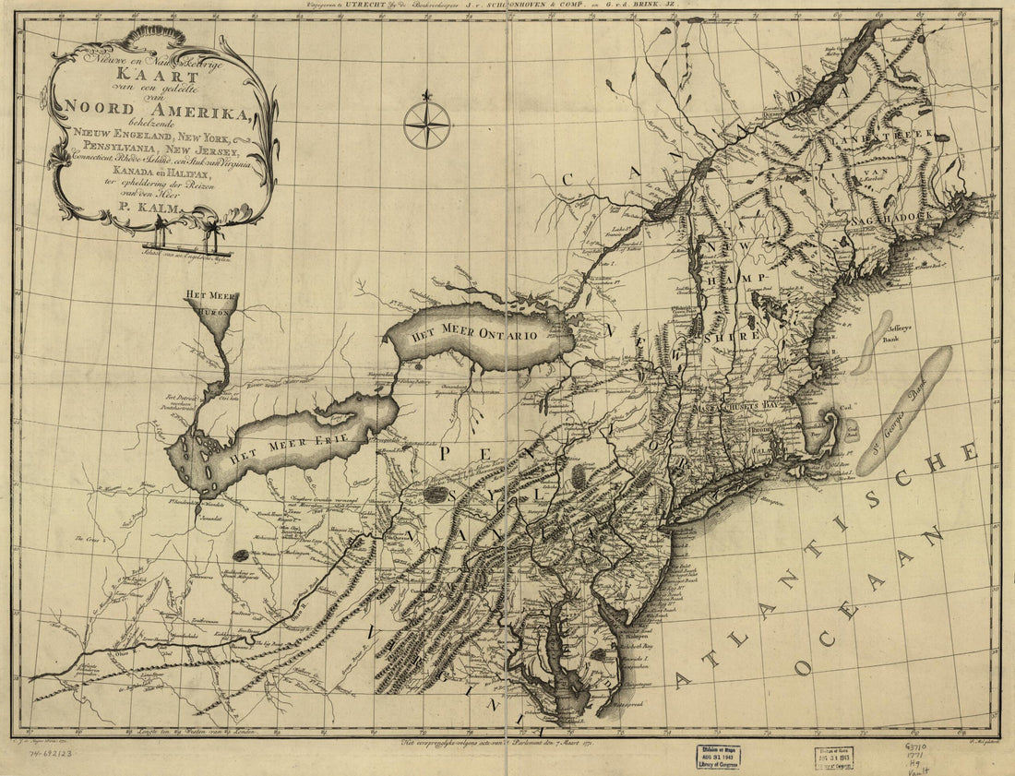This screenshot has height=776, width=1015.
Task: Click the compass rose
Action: click(427, 125)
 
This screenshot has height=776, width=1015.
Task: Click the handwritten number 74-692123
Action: click(52, 753)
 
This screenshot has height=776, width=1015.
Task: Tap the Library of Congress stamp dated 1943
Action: click(718, 756)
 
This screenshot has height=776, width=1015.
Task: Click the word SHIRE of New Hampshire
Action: click(734, 337)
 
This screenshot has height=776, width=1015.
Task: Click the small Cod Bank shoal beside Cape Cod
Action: click(850, 430)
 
